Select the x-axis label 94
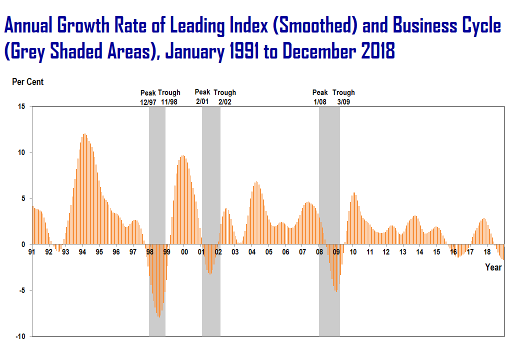[x=82, y=252]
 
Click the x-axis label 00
[x=184, y=252]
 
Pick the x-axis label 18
[x=487, y=252]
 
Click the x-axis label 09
[x=336, y=252]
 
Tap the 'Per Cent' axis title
[x=27, y=82]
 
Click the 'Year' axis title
[x=493, y=267]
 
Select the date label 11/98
[x=169, y=101]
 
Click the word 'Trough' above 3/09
[x=343, y=92]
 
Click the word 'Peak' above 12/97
[x=148, y=93]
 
